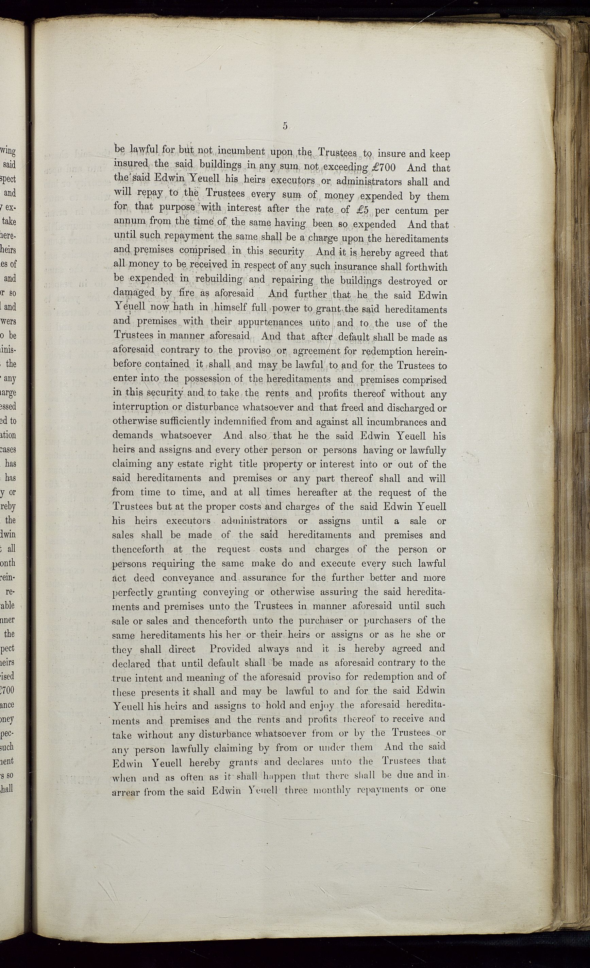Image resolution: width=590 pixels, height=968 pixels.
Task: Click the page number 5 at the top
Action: [x=285, y=126]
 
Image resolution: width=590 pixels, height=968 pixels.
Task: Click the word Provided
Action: [x=231, y=649]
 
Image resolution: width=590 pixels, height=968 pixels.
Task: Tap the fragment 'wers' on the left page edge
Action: [x=9, y=321]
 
